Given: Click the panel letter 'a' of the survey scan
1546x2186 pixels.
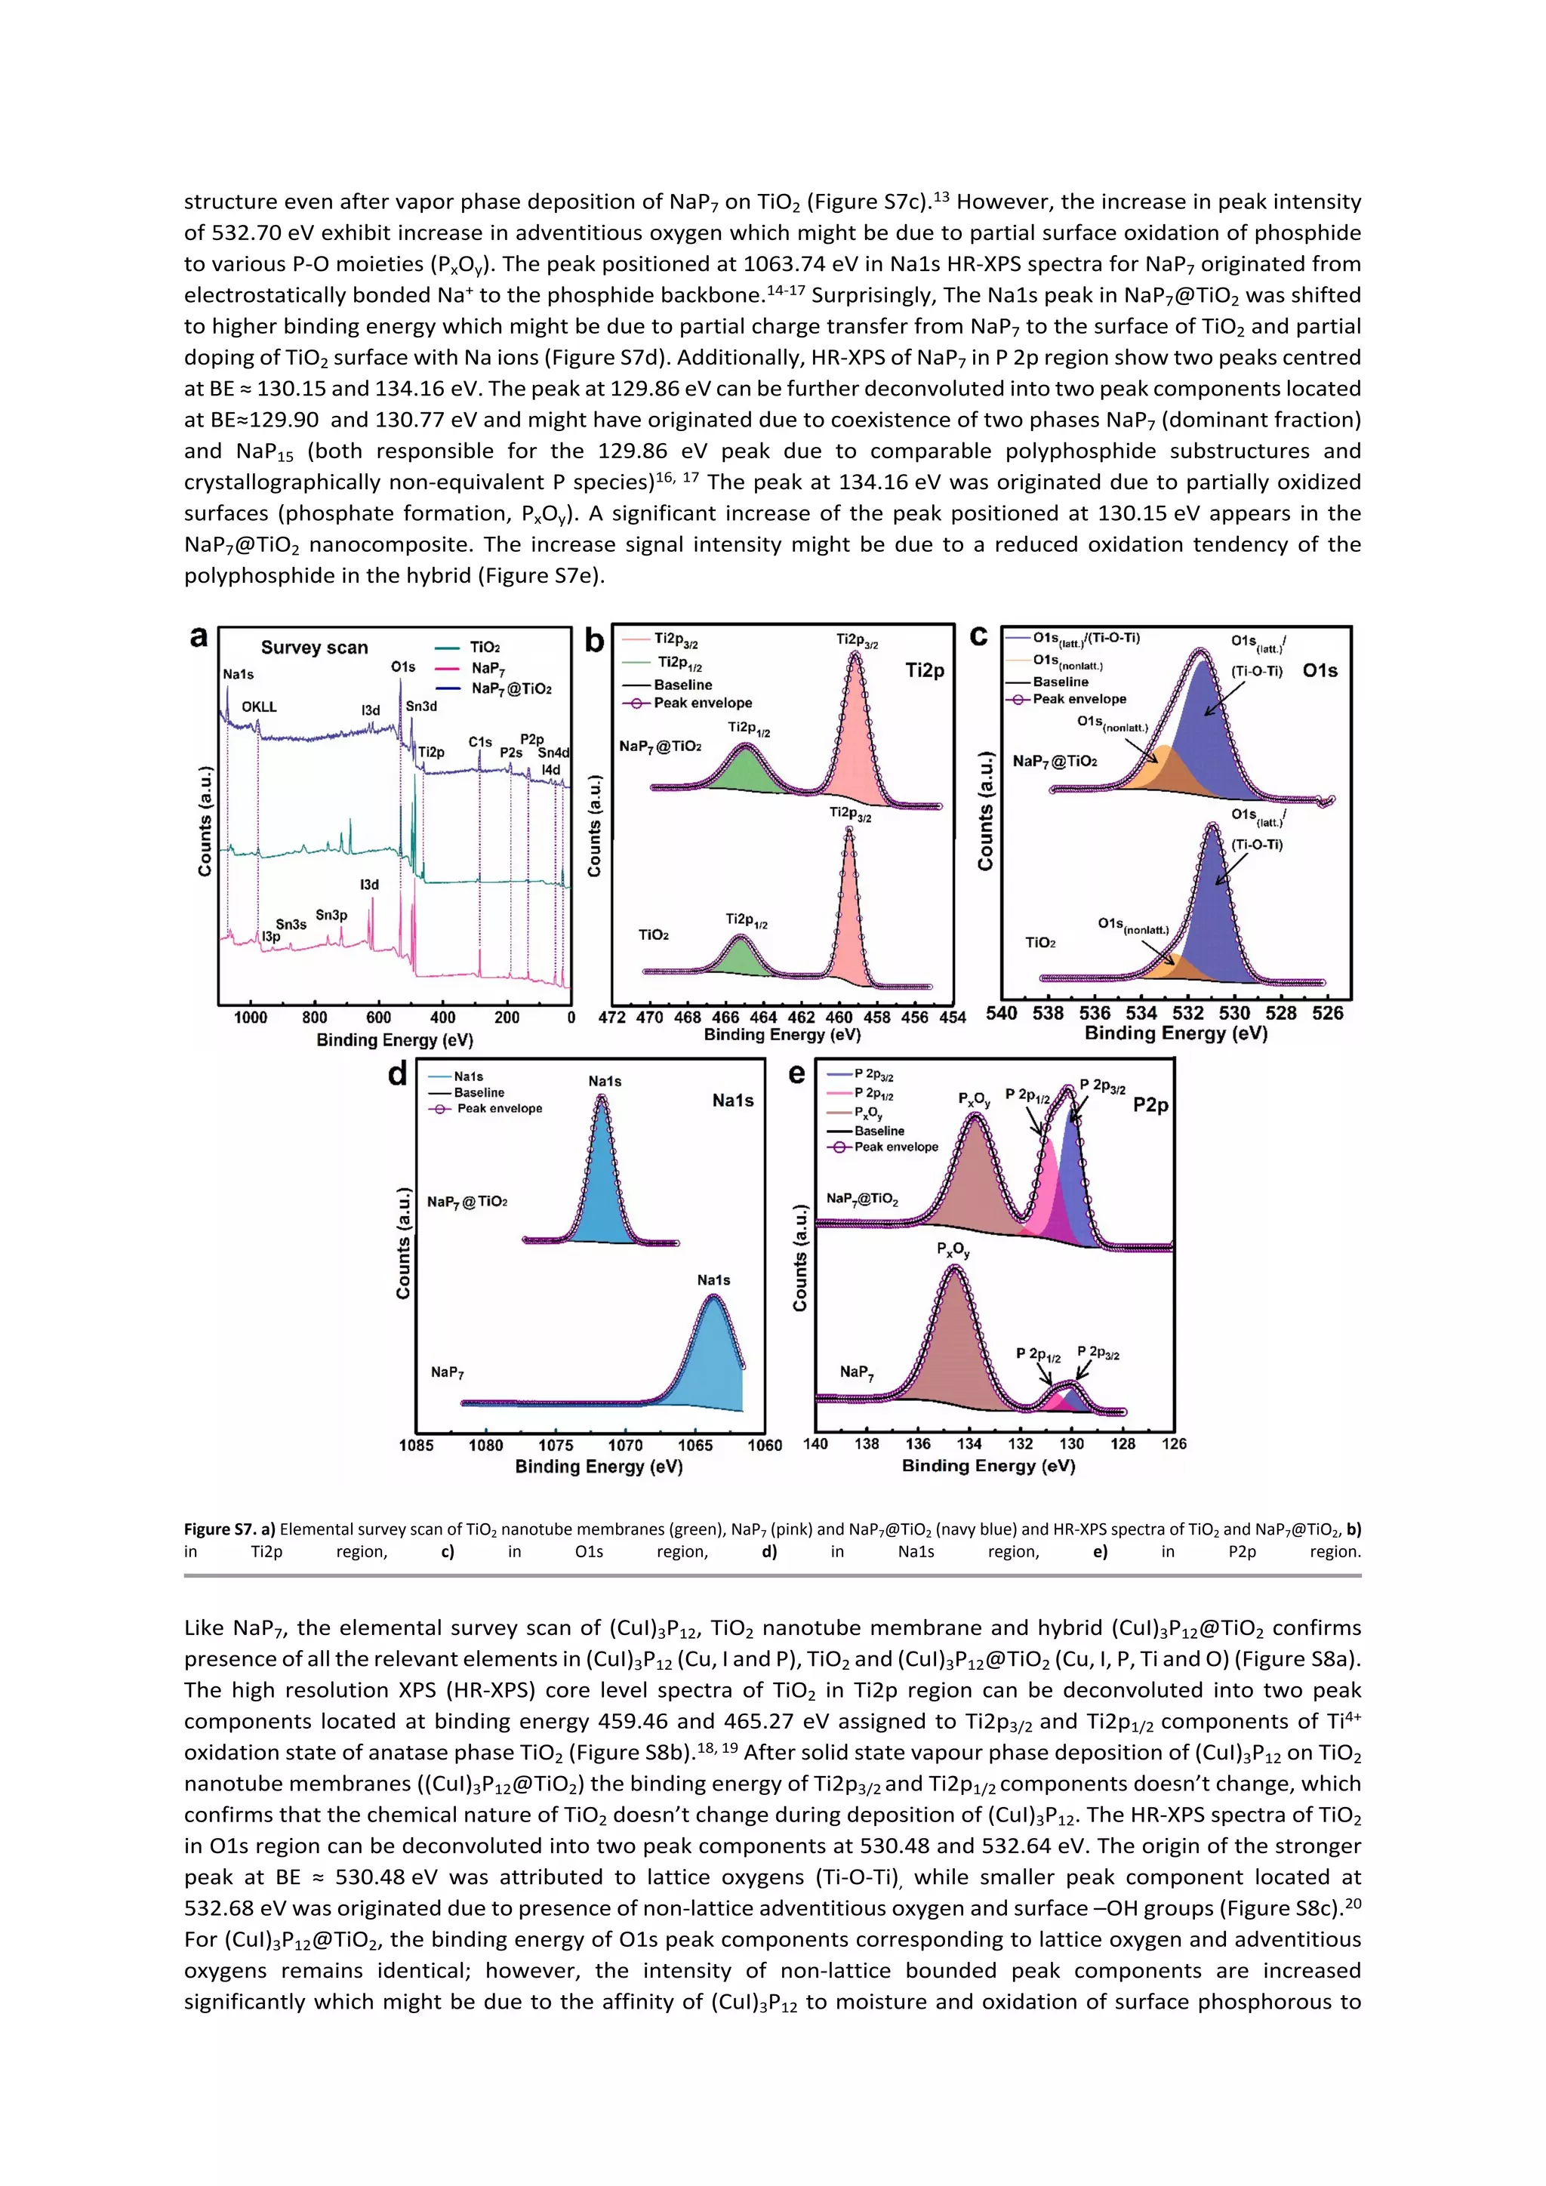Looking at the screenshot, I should [198, 636].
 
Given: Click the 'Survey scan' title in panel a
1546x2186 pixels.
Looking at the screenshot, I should [314, 648].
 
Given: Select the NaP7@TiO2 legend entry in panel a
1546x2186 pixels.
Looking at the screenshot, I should [511, 688].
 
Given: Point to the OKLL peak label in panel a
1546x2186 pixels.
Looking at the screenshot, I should [259, 707].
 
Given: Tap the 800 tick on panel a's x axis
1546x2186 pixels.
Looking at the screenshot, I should [314, 1017].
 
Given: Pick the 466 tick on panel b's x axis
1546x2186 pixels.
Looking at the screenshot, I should [725, 1017].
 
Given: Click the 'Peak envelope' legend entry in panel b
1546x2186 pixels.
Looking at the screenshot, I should [703, 703].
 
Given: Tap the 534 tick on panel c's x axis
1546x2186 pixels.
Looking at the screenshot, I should [1141, 1013].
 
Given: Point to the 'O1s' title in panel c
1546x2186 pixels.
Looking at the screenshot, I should [1320, 671].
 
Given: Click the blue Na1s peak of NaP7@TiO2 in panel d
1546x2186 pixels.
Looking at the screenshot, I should [602, 1190].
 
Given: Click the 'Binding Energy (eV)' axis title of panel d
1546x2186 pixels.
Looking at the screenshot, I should [599, 1466].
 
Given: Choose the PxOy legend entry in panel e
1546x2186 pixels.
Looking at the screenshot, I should [868, 1112].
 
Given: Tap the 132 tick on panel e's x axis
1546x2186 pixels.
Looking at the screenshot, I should [1021, 1443].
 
